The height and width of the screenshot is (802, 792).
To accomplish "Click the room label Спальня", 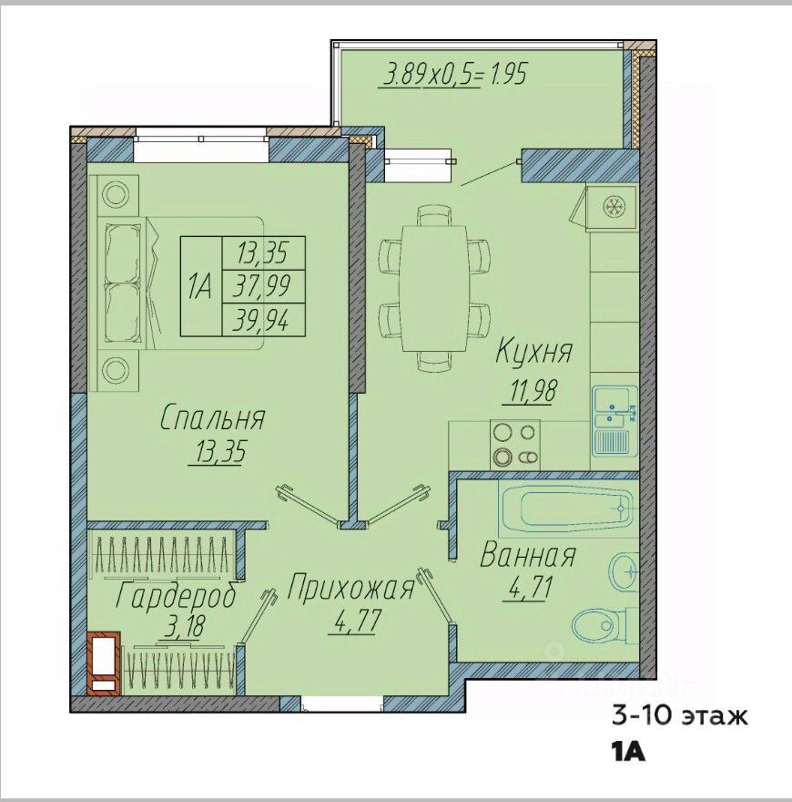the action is [212, 419].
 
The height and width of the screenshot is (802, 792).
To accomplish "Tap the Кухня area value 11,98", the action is [532, 391].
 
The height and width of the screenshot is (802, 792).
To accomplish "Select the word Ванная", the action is [528, 556].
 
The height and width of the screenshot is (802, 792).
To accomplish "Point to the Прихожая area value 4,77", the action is [358, 621].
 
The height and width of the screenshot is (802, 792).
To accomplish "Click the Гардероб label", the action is [177, 596].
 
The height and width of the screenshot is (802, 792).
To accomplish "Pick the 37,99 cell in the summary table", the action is [264, 287].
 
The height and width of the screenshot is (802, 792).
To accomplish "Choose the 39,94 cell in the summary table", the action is [264, 321].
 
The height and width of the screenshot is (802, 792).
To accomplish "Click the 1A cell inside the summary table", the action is [201, 287].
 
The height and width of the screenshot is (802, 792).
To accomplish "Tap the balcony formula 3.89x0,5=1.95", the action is [454, 75].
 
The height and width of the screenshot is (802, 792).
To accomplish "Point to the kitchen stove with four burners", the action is [515, 444].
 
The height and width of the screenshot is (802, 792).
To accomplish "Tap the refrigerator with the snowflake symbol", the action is [612, 207].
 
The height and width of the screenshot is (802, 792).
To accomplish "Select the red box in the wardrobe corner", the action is [104, 663].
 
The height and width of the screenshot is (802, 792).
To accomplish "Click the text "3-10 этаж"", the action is [680, 716].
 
